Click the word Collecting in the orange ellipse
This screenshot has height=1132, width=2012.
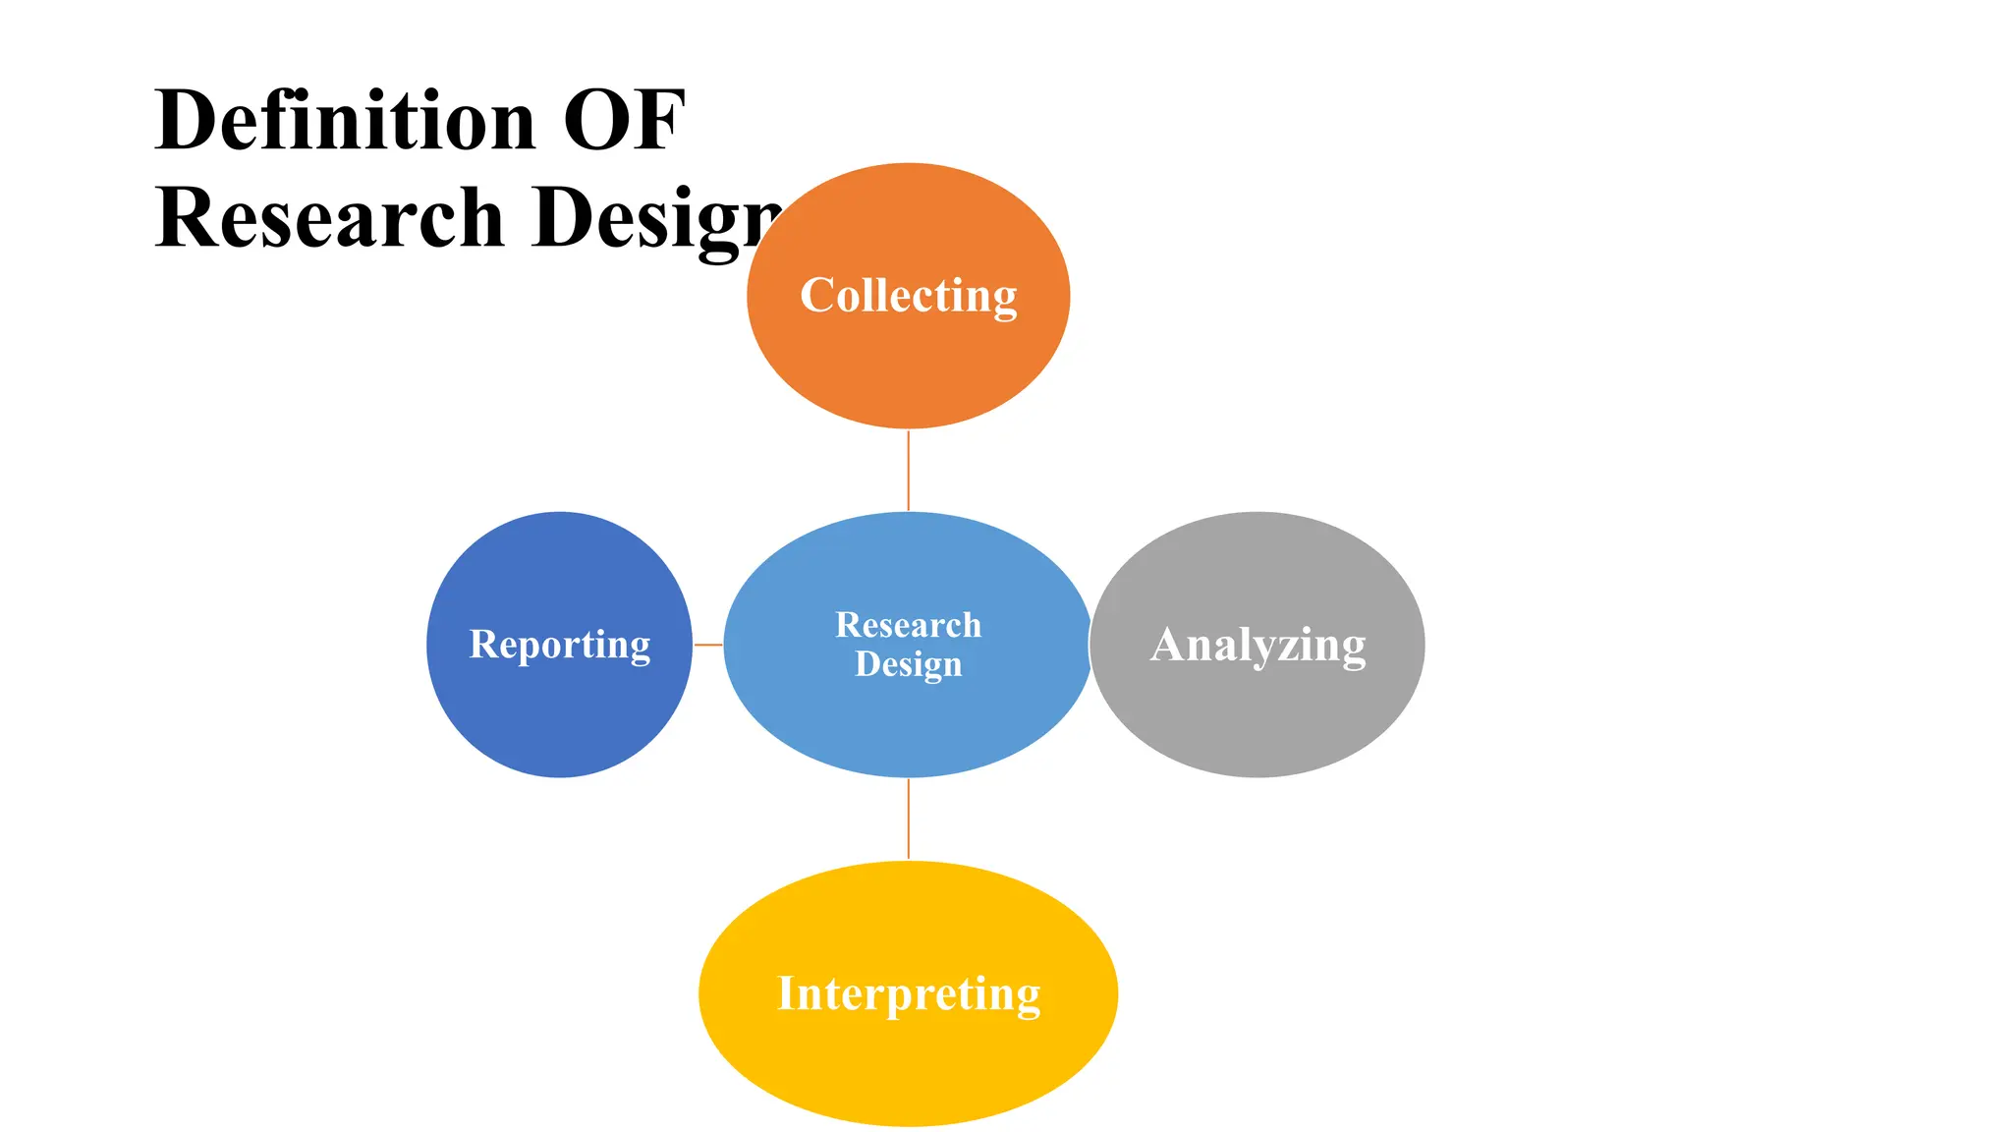[x=908, y=296]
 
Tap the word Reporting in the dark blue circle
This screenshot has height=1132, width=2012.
[x=560, y=645]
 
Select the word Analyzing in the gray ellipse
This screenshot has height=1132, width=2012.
[x=1257, y=646]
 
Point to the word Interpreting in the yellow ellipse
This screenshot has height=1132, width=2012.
[x=909, y=993]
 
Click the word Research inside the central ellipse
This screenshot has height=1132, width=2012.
[x=908, y=625]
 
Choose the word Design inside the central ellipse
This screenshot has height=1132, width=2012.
[x=908, y=664]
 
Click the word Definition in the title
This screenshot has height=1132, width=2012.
[x=345, y=120]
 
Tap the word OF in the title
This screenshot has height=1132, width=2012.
[x=624, y=120]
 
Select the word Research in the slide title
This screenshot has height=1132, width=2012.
[x=329, y=217]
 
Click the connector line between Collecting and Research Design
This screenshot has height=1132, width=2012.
[x=908, y=470]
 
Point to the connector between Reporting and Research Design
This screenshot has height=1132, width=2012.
[x=707, y=645]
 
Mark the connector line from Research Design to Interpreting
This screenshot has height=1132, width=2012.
[x=908, y=819]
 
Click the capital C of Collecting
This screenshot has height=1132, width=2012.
[x=816, y=295]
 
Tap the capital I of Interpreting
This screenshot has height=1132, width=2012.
[x=786, y=992]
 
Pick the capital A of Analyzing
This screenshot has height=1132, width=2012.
[x=1169, y=645]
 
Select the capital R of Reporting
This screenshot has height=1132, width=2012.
[x=483, y=644]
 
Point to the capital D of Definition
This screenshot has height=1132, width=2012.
[x=188, y=120]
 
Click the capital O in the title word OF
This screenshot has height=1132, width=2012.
[x=597, y=120]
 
